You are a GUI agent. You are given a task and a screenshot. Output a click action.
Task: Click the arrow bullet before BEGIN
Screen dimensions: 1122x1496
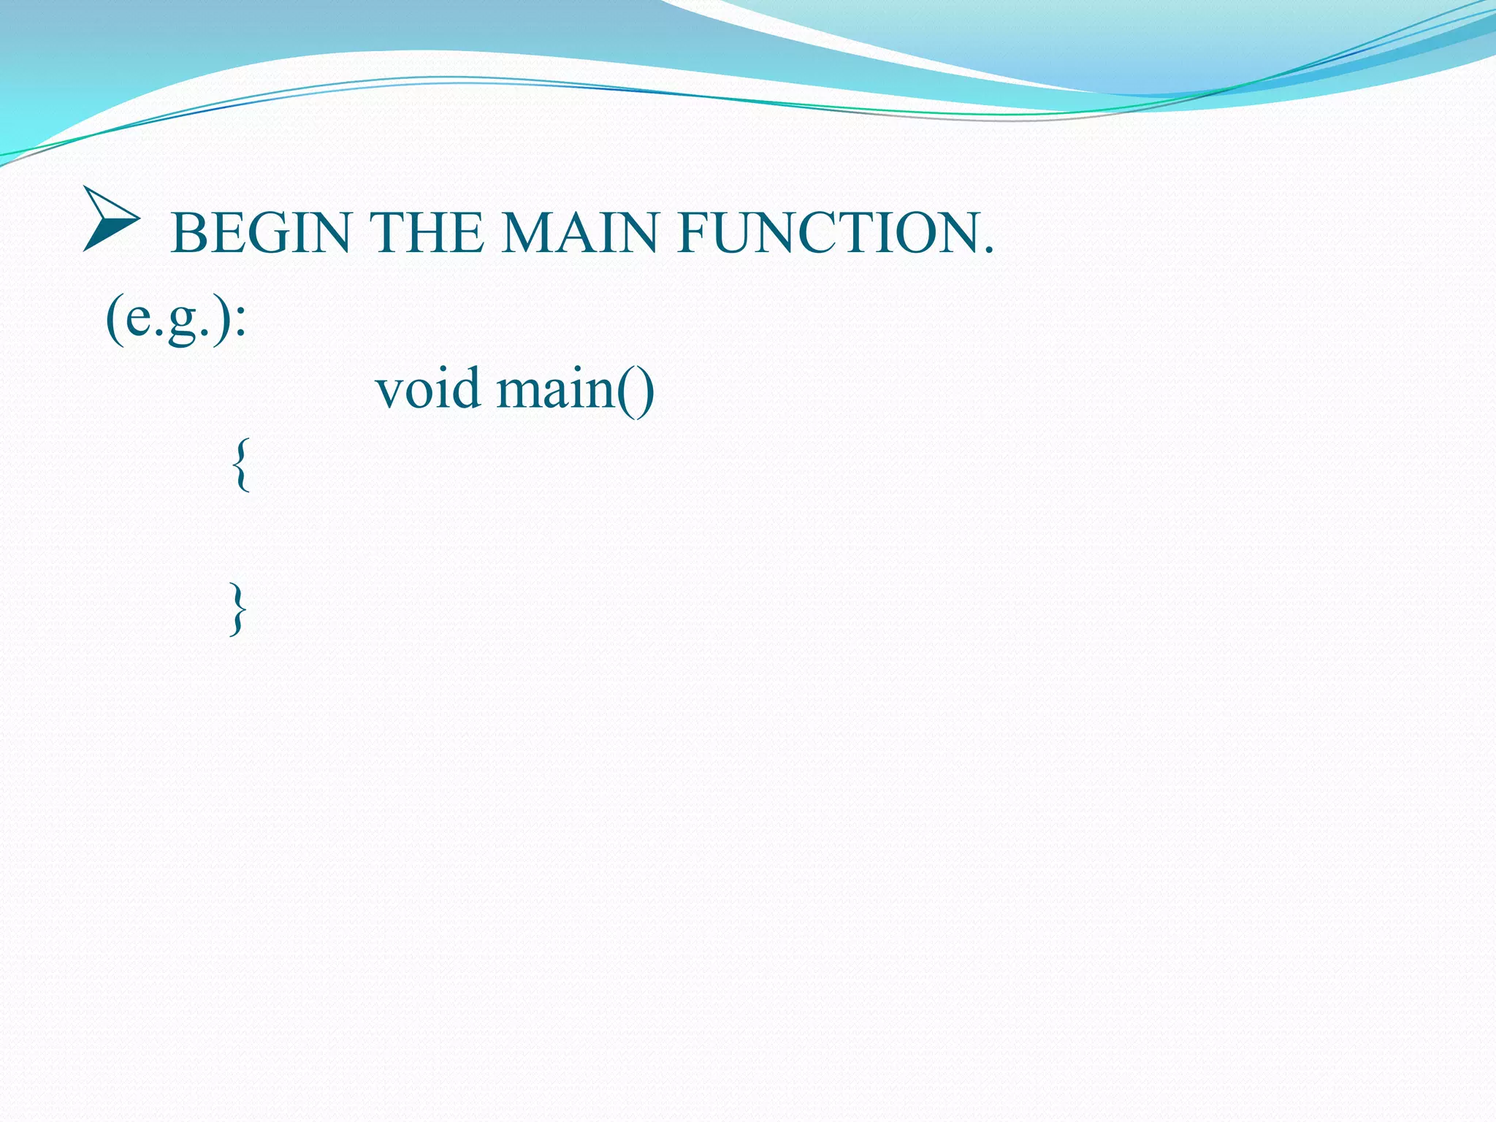110,219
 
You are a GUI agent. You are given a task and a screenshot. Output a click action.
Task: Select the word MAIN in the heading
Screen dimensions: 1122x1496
580,233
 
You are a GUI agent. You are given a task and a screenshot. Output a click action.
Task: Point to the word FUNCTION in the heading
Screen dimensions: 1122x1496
826,233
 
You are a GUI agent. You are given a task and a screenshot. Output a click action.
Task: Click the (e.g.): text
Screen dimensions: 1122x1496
176,318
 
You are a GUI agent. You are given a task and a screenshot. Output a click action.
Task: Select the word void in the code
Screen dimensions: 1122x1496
427,389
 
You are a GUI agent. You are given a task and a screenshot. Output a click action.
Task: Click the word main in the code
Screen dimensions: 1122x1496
557,389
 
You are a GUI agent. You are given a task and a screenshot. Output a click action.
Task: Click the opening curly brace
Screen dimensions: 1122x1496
241,465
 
